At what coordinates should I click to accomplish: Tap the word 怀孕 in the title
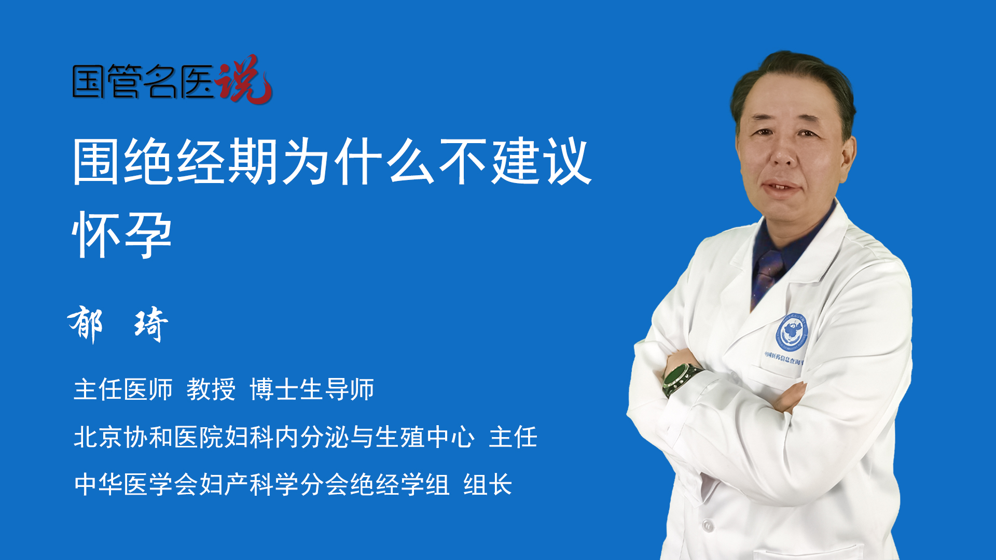tap(122, 235)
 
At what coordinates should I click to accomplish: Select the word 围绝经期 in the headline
tap(176, 161)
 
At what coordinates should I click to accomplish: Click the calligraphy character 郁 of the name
tap(86, 324)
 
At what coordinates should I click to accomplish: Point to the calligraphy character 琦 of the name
tap(151, 324)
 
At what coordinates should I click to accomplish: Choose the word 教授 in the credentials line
tap(211, 389)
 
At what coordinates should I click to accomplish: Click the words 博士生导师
tap(312, 389)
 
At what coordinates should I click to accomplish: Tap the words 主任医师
tap(123, 389)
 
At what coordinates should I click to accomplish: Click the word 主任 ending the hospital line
tap(513, 437)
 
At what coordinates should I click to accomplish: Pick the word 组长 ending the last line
tap(488, 484)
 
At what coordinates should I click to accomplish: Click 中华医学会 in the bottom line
tap(136, 484)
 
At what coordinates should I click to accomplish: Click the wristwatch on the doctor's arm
tap(681, 378)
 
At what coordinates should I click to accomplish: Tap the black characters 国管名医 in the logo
tap(143, 82)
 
